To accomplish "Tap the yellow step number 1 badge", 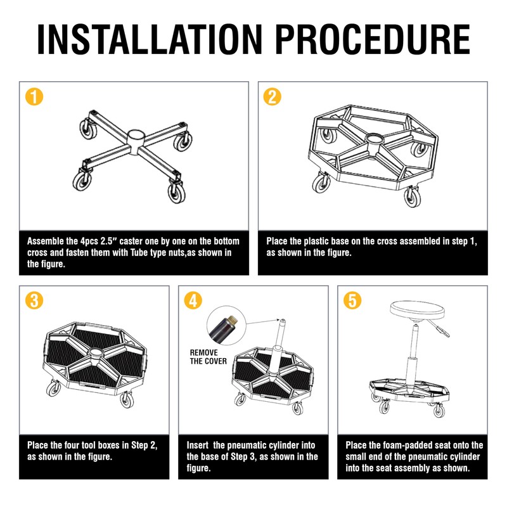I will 34,97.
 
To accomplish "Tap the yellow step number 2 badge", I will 272,97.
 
